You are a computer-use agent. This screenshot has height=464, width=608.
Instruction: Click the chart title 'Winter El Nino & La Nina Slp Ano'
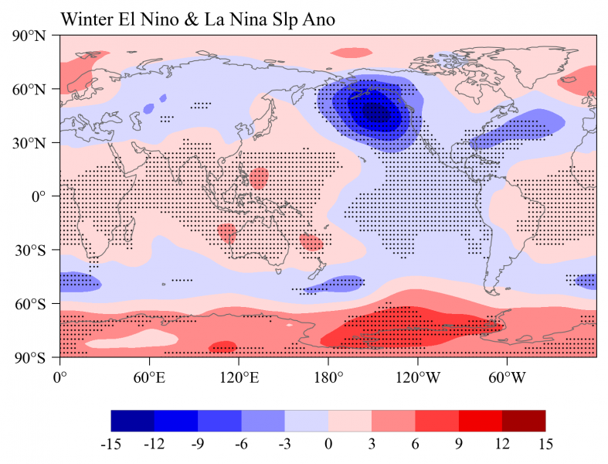(x=197, y=20)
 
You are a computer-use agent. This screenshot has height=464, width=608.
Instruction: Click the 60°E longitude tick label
(x=149, y=378)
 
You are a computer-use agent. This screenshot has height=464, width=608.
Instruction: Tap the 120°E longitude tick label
(x=239, y=378)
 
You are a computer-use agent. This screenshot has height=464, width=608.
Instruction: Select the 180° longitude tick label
(x=328, y=378)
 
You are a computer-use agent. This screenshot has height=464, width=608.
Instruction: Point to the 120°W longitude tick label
(x=418, y=378)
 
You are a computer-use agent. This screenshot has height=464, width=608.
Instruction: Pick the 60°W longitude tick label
(x=508, y=378)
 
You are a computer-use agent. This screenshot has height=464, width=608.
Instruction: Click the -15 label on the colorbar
(x=111, y=445)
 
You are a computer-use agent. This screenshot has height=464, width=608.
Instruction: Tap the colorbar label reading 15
(x=545, y=445)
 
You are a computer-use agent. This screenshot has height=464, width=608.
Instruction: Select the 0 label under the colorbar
(x=328, y=445)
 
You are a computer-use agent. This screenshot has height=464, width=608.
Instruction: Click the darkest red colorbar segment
(x=523, y=421)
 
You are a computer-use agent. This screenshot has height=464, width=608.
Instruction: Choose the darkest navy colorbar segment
(x=133, y=421)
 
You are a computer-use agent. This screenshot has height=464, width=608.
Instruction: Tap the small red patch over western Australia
(x=227, y=232)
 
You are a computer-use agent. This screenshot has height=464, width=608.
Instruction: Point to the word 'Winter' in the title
(x=87, y=20)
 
